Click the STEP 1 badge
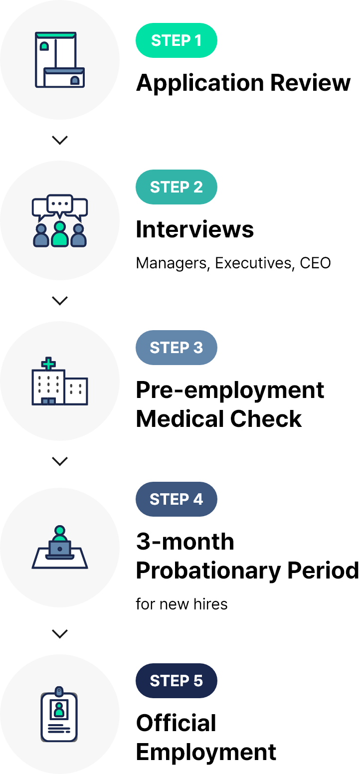pyautogui.click(x=177, y=40)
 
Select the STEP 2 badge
pyautogui.click(x=177, y=187)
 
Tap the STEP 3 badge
pyautogui.click(x=177, y=348)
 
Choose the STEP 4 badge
pyautogui.click(x=177, y=499)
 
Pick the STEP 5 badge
pyautogui.click(x=177, y=681)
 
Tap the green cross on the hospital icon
pyautogui.click(x=48, y=364)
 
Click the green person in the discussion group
pyautogui.click(x=60, y=234)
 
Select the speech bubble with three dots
pyautogui.click(x=60, y=203)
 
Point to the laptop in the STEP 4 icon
pyautogui.click(x=60, y=549)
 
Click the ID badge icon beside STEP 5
pyautogui.click(x=59, y=717)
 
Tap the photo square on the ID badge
pyautogui.click(x=59, y=709)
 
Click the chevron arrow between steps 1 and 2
pyautogui.click(x=60, y=140)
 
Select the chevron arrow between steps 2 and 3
pyautogui.click(x=60, y=301)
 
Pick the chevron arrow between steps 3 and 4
pyautogui.click(x=60, y=461)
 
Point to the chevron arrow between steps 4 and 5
pyautogui.click(x=60, y=634)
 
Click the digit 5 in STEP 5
pyautogui.click(x=198, y=681)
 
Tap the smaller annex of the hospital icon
pyautogui.click(x=76, y=391)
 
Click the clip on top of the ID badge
pyautogui.click(x=59, y=691)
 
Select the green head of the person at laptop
pyautogui.click(x=60, y=530)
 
